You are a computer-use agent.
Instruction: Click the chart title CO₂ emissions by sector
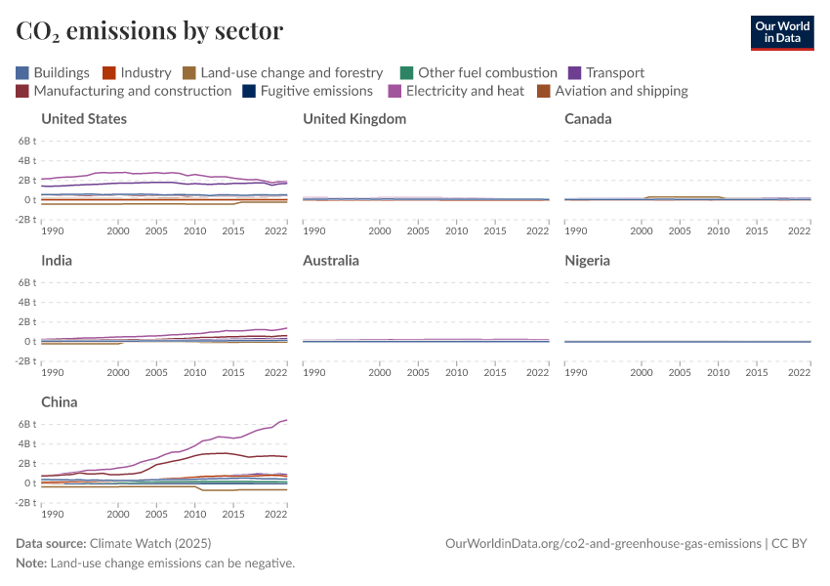click(x=149, y=31)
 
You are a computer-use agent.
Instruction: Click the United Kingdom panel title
click(x=354, y=119)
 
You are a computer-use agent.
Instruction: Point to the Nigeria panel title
click(x=588, y=261)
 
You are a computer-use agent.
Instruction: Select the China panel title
click(x=60, y=402)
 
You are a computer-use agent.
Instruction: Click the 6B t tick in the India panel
click(x=25, y=282)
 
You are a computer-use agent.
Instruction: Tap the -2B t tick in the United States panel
click(x=24, y=220)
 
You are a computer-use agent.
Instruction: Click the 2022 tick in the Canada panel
click(x=800, y=230)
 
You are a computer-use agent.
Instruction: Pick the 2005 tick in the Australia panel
click(x=417, y=372)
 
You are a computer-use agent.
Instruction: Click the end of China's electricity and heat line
click(x=286, y=420)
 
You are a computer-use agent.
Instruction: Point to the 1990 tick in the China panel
click(x=54, y=514)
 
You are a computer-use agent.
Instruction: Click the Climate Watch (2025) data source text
click(x=149, y=543)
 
